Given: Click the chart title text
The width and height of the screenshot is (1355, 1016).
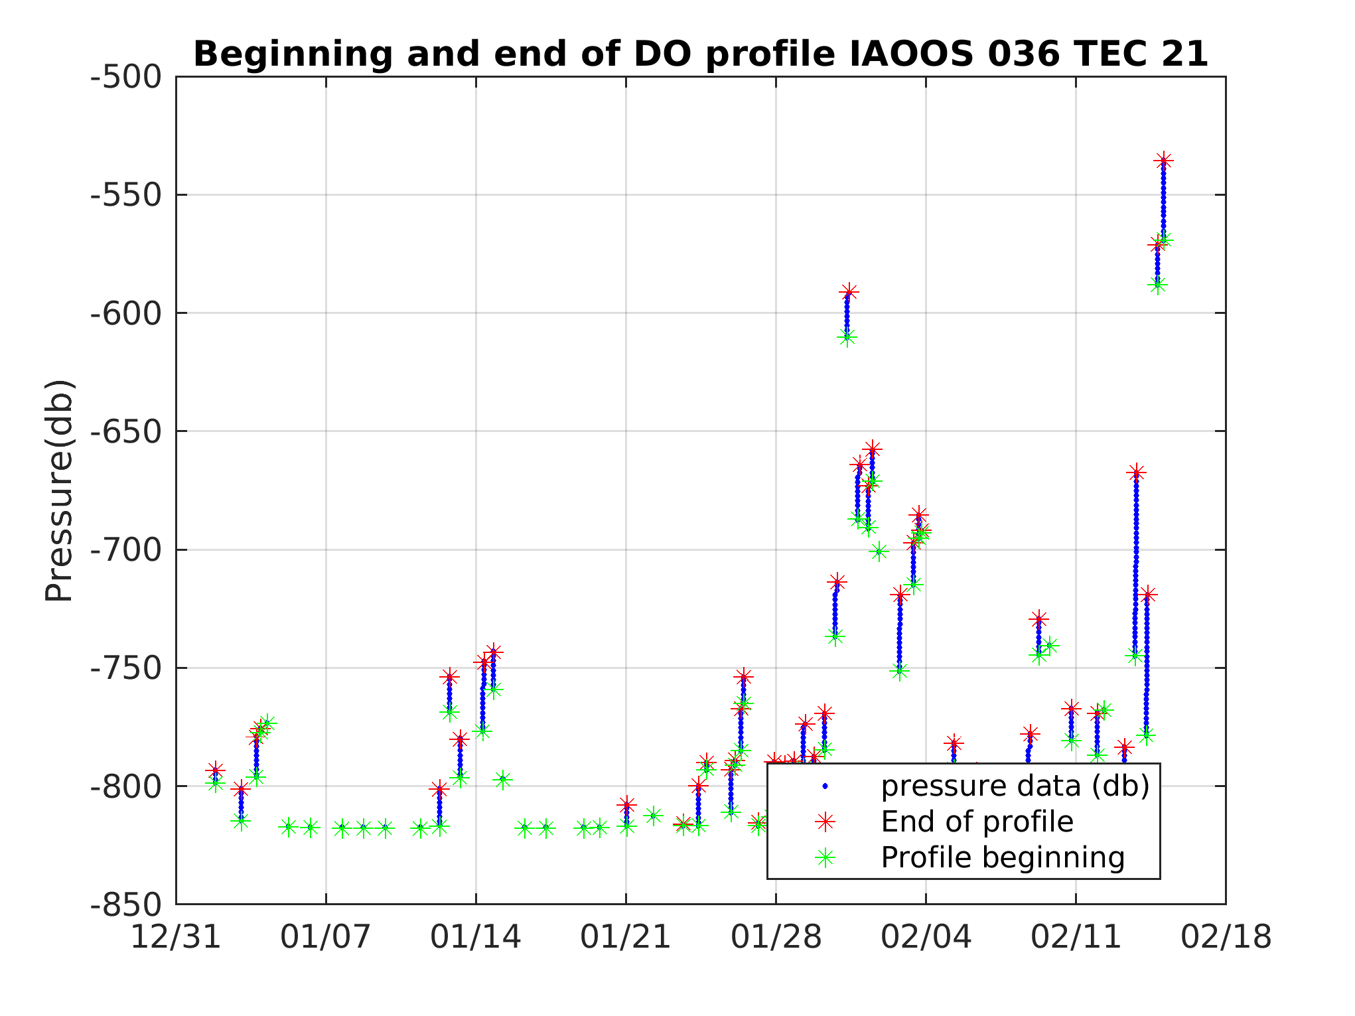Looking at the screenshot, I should pos(700,54).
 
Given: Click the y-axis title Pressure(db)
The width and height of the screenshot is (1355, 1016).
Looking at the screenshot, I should pos(58,490).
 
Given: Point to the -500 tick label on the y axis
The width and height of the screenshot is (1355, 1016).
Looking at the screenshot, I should pos(126,77).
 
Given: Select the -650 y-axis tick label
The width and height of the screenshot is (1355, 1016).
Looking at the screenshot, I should pos(126,432).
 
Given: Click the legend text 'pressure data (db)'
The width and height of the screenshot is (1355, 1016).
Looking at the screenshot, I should pos(1015,786).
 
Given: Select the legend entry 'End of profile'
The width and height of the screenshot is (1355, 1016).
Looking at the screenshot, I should pos(977,822).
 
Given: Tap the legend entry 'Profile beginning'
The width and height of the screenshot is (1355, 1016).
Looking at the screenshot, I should pos(1003,858).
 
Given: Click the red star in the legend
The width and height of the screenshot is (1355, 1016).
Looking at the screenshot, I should pos(825,822).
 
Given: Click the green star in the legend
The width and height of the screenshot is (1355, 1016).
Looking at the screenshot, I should pos(825,858).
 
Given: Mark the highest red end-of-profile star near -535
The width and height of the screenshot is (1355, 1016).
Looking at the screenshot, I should pos(1163,161).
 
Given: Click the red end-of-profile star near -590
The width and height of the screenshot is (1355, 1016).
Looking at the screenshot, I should pos(848,291).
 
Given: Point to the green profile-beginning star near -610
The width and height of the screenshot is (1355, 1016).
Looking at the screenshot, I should pos(846,338).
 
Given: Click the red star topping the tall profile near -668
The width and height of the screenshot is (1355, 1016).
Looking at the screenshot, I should pos(1136,472).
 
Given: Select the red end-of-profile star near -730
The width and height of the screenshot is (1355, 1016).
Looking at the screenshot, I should pos(1038,619).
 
